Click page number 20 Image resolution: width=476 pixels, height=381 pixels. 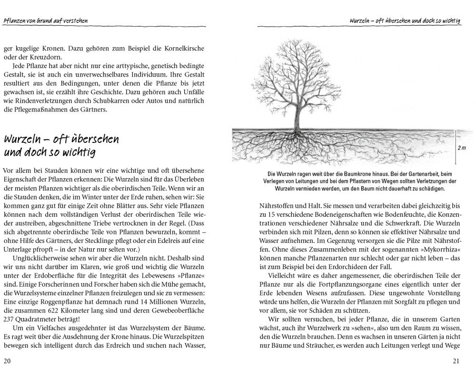(7, 361)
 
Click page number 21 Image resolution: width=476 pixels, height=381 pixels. (456, 361)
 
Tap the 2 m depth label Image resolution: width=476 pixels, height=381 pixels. (461, 148)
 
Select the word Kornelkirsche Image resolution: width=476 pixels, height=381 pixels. (181, 49)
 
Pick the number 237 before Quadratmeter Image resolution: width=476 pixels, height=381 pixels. (9, 320)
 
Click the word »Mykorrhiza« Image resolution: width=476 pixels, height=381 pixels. (441, 250)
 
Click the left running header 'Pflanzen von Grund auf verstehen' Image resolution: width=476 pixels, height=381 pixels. (45, 21)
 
